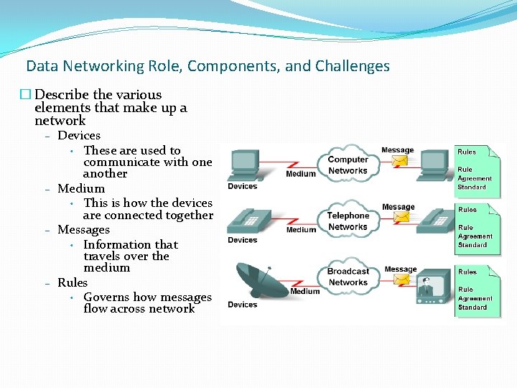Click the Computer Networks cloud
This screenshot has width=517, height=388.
(x=348, y=165)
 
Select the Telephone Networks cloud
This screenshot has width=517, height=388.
(x=348, y=221)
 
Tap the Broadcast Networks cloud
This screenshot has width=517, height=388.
(x=348, y=277)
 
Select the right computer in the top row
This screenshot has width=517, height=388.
(x=435, y=165)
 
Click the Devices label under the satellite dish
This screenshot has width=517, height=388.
(x=242, y=305)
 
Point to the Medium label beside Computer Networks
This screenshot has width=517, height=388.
(x=301, y=174)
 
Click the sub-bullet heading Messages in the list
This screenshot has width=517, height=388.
(x=83, y=230)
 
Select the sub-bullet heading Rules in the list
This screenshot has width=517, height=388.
(x=73, y=283)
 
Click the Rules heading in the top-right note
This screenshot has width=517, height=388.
(x=467, y=152)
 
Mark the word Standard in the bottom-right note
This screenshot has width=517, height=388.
(x=472, y=308)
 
